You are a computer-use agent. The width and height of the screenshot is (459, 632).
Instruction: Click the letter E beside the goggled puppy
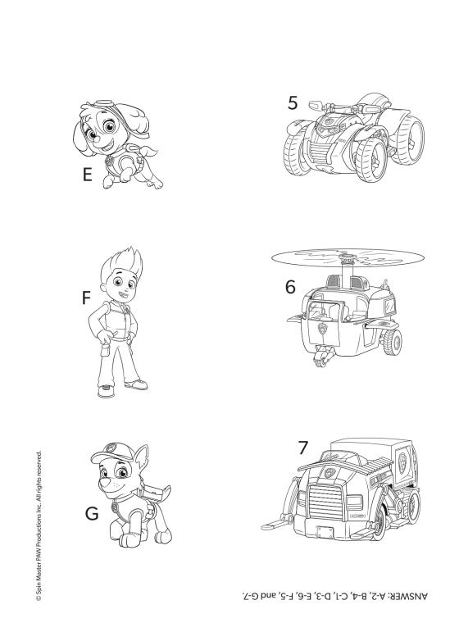pyautogui.click(x=87, y=175)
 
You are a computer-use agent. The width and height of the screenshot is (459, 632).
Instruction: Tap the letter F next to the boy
pyautogui.click(x=86, y=298)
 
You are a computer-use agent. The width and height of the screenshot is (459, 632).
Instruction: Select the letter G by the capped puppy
pyautogui.click(x=92, y=513)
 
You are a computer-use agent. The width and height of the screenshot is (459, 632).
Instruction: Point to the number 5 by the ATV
pyautogui.click(x=293, y=102)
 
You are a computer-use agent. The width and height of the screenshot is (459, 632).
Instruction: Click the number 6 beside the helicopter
pyautogui.click(x=290, y=287)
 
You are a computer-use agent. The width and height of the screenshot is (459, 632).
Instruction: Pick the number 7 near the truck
pyautogui.click(x=303, y=448)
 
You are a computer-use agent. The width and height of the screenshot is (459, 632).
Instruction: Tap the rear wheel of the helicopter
pyautogui.click(x=393, y=342)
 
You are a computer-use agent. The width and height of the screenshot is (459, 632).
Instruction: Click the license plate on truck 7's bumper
pyautogui.click(x=325, y=532)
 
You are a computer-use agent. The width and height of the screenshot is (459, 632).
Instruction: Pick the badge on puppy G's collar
pyautogui.click(x=117, y=505)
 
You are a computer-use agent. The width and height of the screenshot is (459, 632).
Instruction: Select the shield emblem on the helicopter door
pyautogui.click(x=322, y=330)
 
